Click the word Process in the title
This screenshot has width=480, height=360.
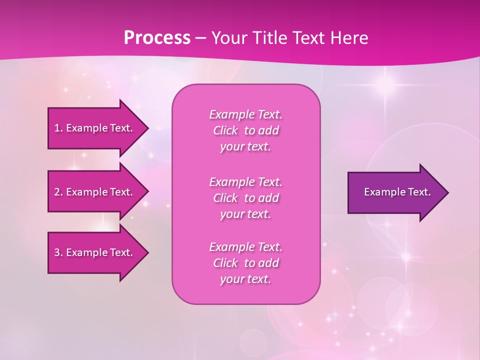[157, 38]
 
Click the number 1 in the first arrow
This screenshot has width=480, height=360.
[57, 128]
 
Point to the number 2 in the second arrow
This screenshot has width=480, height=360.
[57, 192]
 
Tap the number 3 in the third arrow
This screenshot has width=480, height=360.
[57, 252]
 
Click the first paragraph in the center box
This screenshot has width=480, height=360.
[245, 130]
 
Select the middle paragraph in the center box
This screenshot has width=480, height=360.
[245, 198]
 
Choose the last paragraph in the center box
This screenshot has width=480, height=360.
[245, 263]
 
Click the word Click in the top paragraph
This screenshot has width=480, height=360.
[225, 130]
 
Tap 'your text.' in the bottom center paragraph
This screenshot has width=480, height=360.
[245, 279]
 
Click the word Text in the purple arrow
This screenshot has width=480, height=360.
[419, 192]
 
